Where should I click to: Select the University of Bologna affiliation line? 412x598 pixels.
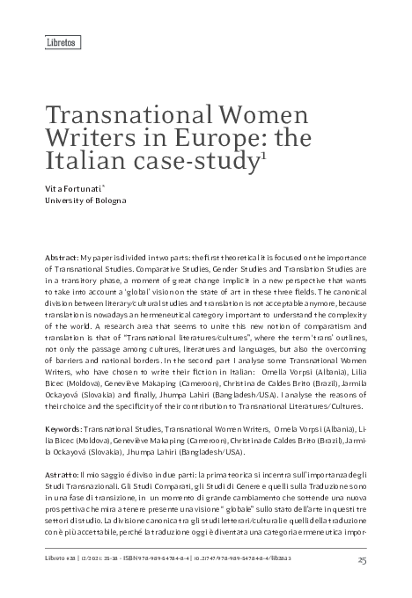point(85,201)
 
